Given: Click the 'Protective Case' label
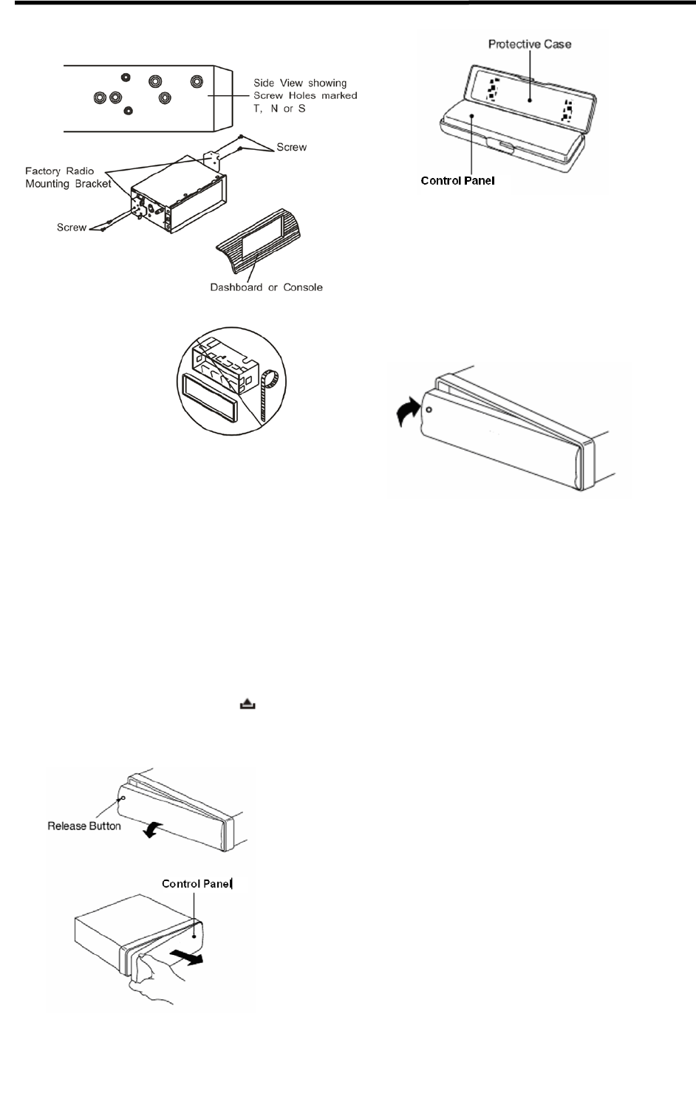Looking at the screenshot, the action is click(530, 44).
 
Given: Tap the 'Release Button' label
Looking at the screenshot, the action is click(84, 826).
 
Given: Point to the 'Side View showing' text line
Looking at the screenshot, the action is click(300, 83).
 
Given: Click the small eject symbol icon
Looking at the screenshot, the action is click(247, 705).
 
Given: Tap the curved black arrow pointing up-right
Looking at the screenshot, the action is click(408, 411).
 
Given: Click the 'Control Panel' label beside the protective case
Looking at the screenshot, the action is click(457, 180).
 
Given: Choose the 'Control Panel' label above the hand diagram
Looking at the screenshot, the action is click(197, 883).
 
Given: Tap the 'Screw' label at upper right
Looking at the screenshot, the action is click(291, 147).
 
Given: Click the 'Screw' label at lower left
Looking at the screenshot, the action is click(72, 227).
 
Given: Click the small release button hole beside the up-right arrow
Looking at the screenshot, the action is click(429, 408).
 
